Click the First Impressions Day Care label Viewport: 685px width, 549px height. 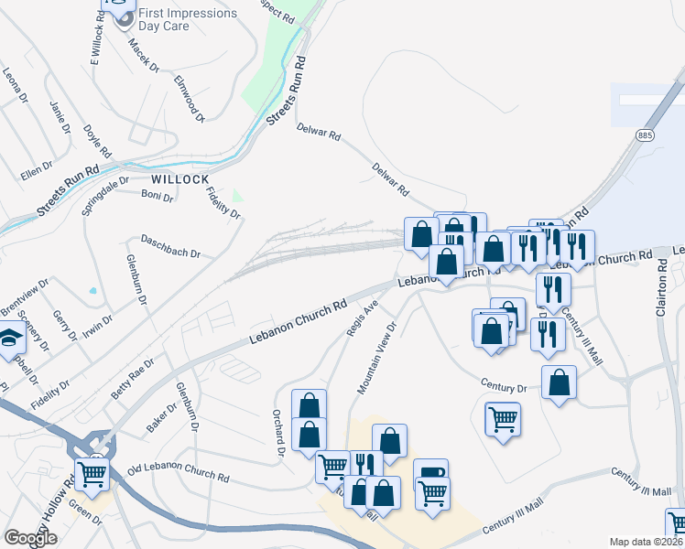point(186,20)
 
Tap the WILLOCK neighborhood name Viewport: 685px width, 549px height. point(180,178)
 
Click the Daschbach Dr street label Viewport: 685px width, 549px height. point(169,246)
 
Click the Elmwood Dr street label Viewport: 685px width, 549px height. point(189,99)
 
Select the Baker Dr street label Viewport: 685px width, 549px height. point(161,418)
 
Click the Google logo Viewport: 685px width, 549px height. point(30,538)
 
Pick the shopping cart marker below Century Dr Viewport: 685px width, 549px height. point(503,420)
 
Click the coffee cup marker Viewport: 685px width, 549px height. point(430,475)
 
